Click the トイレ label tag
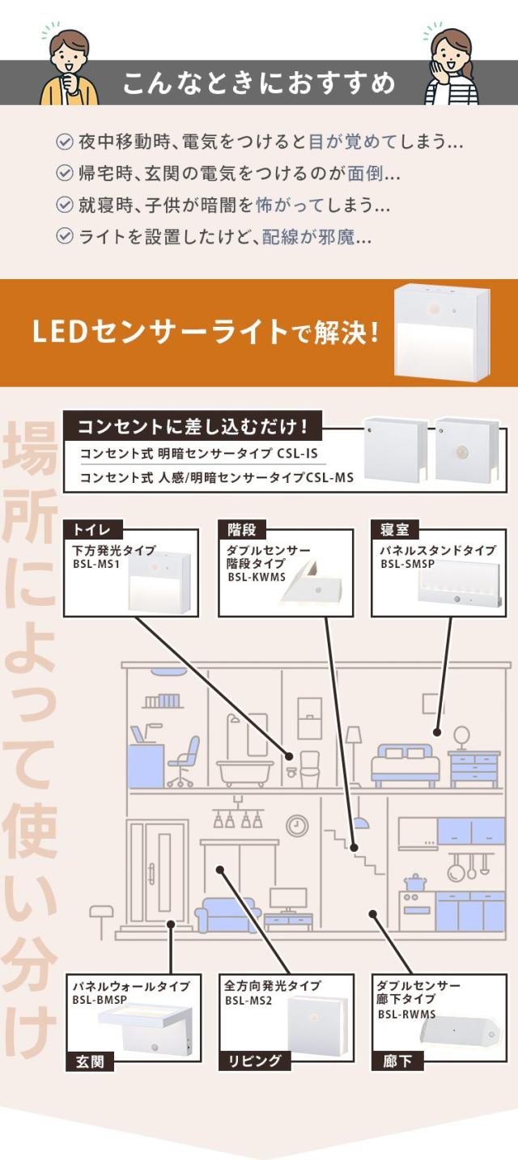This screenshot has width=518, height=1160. click(x=93, y=529)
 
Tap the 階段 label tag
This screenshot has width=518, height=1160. click(x=242, y=529)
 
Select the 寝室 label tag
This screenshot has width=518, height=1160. click(x=395, y=529)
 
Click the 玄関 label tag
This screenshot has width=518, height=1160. click(x=90, y=1061)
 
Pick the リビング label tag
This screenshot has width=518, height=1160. click(x=254, y=1061)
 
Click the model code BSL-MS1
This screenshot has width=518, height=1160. click(x=96, y=564)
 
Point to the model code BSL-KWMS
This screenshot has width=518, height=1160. click(x=257, y=577)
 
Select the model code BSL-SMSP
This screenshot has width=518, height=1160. click(x=408, y=564)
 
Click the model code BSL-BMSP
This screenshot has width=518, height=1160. click(x=100, y=1000)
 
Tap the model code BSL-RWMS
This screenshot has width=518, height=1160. click(x=406, y=1014)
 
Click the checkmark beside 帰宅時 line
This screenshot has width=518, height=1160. click(x=64, y=173)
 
